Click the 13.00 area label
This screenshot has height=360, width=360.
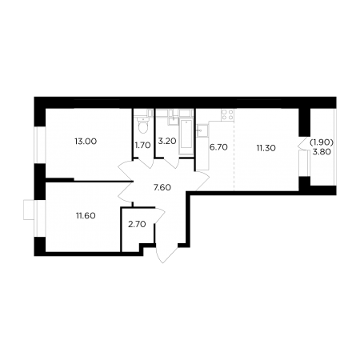click(x=86, y=142)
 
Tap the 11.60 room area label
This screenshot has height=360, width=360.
click(x=86, y=215)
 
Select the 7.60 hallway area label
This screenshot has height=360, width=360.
click(x=162, y=187)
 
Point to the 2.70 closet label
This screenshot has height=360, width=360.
click(x=137, y=224)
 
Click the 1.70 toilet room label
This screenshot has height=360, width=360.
click(x=142, y=146)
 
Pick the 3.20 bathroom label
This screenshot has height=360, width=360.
click(x=167, y=141)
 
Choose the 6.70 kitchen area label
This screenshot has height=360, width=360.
click(x=218, y=147)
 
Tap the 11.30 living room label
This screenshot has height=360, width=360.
click(x=266, y=148)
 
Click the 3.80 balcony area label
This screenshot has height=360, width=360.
click(x=322, y=152)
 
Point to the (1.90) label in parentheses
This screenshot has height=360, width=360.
click(x=322, y=142)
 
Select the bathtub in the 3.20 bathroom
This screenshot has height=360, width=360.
click(x=186, y=137)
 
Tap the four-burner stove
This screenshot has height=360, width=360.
click(x=227, y=114)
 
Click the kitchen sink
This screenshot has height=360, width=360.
click(x=202, y=130)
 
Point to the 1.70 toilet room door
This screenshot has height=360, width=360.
click(x=146, y=163)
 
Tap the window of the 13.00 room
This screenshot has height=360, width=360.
click(x=40, y=145)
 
